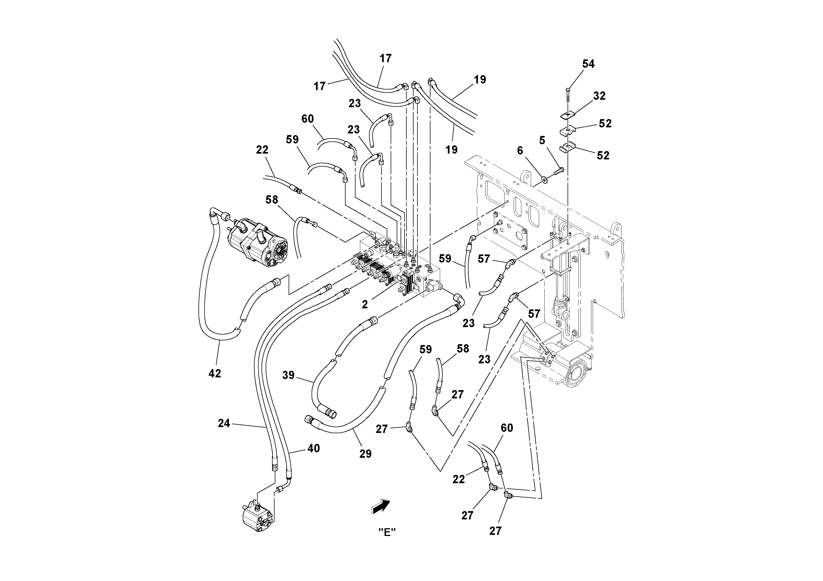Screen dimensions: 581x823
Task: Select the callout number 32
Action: click(x=599, y=96)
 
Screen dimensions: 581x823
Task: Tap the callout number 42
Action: click(x=215, y=374)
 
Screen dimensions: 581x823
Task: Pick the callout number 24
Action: click(x=224, y=424)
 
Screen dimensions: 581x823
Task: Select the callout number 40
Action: click(x=314, y=448)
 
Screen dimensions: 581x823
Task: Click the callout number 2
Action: click(x=365, y=304)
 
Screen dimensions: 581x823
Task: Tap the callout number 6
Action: click(x=520, y=151)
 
